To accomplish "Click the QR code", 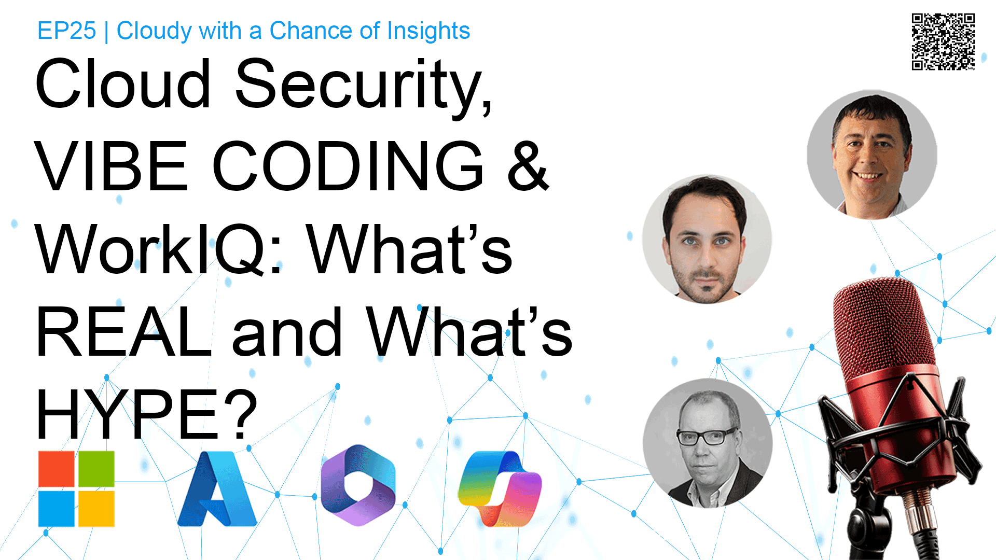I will tap(943, 41).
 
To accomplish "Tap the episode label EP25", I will tap(66, 31).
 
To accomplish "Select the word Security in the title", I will tap(363, 86).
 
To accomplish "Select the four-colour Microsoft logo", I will tap(76, 488).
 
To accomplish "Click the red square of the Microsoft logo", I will tap(57, 469).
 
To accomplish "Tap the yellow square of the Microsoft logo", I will tap(96, 509).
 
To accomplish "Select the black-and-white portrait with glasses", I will tap(708, 443).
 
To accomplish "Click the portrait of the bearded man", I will tap(707, 239).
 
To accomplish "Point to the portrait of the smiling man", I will tap(872, 155).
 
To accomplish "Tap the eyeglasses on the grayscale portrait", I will tap(707, 437).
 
